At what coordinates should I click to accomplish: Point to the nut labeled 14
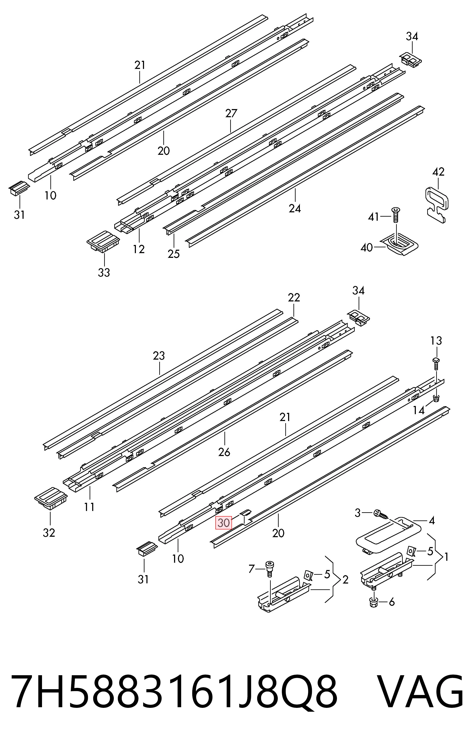[436, 398]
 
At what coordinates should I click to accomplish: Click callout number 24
[295, 208]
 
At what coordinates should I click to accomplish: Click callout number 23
[159, 356]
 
